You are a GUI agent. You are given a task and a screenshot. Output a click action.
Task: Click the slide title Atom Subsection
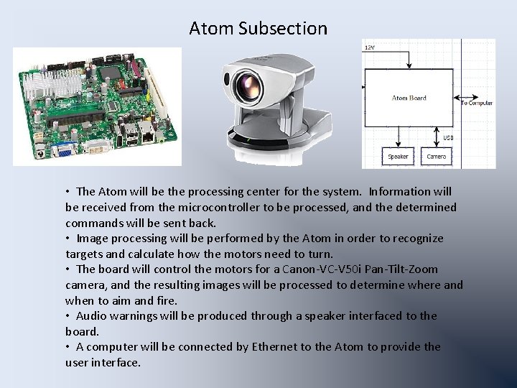pyautogui.click(x=258, y=28)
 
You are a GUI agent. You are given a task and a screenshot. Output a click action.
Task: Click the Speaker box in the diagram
pyautogui.click(x=399, y=156)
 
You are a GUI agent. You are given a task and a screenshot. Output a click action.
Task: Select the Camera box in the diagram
pyautogui.click(x=437, y=156)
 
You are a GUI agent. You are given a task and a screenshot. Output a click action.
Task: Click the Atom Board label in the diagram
pyautogui.click(x=409, y=98)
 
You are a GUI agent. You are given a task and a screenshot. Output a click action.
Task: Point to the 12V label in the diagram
pyautogui.click(x=371, y=47)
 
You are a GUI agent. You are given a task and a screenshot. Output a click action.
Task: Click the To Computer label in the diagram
pyautogui.click(x=477, y=103)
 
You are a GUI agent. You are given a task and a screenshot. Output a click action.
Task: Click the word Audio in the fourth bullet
pyautogui.click(x=93, y=315)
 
